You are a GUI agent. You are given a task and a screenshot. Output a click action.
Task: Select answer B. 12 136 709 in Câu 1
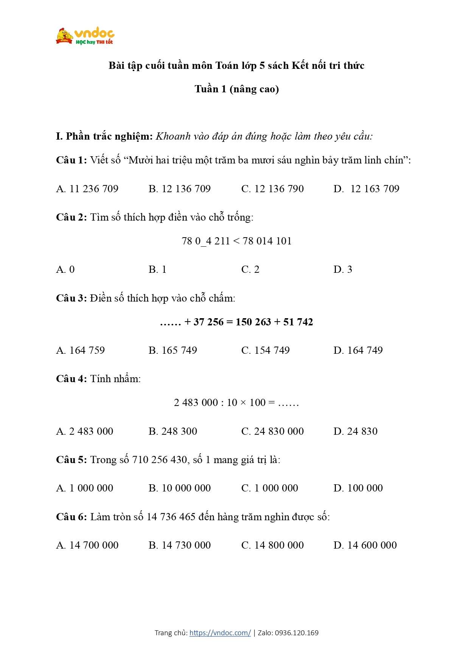[179, 189]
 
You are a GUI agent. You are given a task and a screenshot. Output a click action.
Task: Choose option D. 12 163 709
[366, 189]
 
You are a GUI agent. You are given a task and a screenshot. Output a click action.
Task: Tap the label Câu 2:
[71, 217]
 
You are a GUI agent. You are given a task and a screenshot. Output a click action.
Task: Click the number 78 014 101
[267, 241]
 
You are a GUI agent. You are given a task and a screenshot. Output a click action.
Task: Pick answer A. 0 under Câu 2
[65, 269]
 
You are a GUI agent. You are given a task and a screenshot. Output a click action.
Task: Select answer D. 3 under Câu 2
[343, 269]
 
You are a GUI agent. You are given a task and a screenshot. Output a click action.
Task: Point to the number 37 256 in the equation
[208, 322]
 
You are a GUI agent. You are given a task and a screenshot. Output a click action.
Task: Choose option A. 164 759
[80, 350]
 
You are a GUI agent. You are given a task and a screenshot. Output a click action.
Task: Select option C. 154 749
[265, 350]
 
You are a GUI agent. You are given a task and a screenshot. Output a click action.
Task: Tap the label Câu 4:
[71, 379]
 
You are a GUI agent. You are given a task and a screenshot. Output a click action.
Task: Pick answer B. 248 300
[173, 431]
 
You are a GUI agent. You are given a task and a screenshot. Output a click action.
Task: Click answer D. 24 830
[355, 431]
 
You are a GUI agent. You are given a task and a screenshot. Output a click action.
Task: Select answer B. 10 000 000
[179, 488]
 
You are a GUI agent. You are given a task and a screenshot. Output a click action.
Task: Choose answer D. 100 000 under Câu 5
[358, 488]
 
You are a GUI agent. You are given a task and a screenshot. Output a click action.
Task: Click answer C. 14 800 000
[272, 545]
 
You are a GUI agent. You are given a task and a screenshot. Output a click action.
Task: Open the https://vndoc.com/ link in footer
[220, 633]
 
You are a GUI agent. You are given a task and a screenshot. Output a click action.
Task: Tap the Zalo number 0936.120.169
[297, 633]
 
